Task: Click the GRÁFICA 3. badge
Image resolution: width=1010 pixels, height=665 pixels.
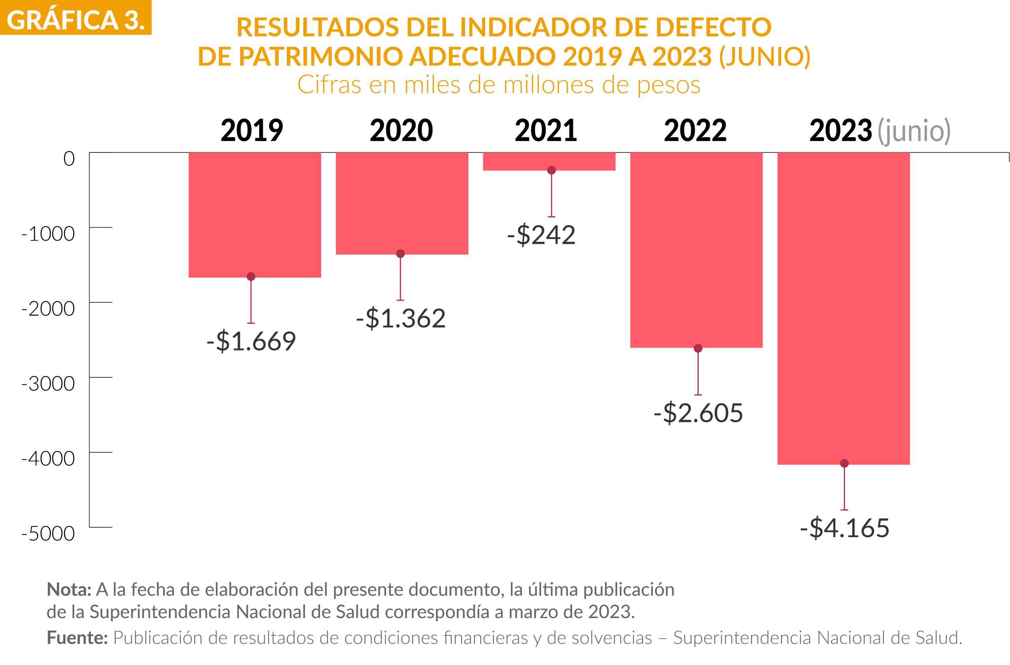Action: coord(75,18)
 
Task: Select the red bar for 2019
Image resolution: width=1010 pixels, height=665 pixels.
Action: coord(254,214)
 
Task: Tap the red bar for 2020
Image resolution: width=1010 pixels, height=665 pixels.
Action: coord(402,203)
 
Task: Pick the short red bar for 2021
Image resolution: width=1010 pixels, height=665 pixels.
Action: coord(549,161)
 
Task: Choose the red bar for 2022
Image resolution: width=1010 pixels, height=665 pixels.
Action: coord(696,249)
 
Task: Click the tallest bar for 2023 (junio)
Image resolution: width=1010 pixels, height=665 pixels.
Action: coord(843,308)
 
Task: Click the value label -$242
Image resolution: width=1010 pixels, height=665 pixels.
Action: coord(542,235)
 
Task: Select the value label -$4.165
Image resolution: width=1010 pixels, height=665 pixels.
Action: coord(845,528)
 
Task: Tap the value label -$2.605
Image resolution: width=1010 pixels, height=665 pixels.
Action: coord(698,413)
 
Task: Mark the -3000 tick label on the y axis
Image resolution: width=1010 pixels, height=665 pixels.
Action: coord(48,384)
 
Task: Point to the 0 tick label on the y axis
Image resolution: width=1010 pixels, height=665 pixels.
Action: coord(69,159)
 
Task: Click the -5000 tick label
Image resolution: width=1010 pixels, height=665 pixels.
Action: coord(48,534)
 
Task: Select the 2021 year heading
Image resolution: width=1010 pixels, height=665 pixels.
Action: coord(546,131)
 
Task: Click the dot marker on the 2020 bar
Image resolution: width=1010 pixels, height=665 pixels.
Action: coord(400,254)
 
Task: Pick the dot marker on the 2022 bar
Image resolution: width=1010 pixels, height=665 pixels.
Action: coord(698,348)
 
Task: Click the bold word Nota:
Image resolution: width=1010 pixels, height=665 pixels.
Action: coord(69,590)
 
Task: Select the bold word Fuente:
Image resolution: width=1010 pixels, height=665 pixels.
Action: coord(77,638)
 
